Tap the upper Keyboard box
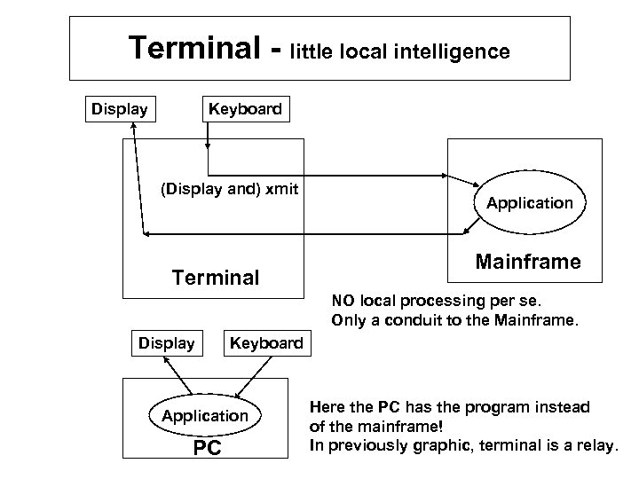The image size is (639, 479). point(244,109)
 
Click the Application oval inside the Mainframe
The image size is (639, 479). point(529,203)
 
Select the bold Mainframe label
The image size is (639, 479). point(528,263)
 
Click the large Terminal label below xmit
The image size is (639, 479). point(217,278)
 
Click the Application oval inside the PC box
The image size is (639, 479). point(204,414)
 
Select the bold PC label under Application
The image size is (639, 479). point(207,448)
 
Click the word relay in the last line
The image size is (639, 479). point(591,444)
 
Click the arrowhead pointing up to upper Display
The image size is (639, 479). point(133,127)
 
